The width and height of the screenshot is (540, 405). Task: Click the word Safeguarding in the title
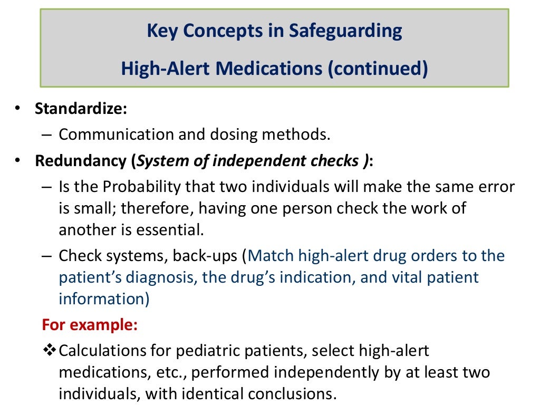pos(345,31)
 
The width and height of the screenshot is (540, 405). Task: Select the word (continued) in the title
pos(377,69)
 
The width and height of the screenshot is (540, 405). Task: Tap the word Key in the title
pos(161,31)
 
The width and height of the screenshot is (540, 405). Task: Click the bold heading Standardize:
pos(81,109)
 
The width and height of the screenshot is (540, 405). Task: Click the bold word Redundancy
pos(81,161)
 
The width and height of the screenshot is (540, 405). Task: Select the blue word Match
pos(271,256)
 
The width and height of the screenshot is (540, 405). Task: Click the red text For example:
pos(90,324)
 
